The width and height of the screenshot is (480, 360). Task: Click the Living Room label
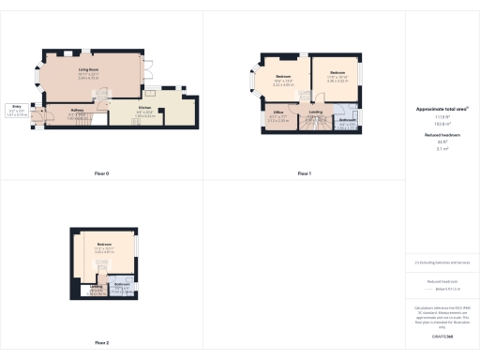pos(89,68)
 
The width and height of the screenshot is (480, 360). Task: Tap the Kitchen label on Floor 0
pos(145,108)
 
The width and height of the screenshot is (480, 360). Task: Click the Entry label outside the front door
pos(17,108)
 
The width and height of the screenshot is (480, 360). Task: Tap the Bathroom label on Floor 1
pos(346,120)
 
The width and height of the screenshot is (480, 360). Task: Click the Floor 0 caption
pos(102,173)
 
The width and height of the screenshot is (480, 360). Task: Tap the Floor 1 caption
pos(305,173)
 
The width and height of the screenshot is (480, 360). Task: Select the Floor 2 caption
pos(101,342)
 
